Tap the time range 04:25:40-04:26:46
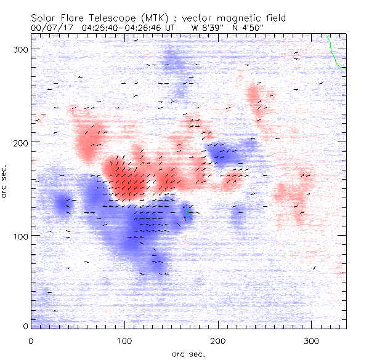[116, 27]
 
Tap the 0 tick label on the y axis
[25, 326]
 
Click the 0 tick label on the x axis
[31, 340]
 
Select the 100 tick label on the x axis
[124, 340]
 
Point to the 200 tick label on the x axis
[218, 340]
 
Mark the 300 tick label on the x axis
[312, 340]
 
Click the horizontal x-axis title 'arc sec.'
[188, 353]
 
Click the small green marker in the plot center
[187, 213]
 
